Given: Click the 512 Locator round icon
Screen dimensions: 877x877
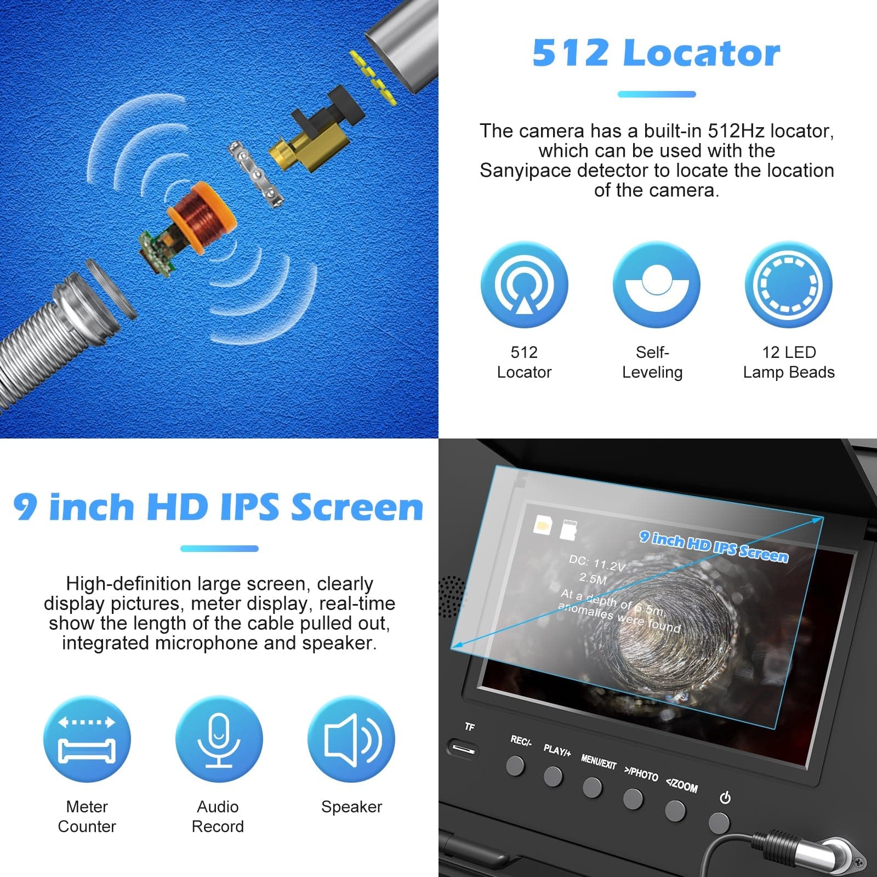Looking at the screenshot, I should [x=524, y=285].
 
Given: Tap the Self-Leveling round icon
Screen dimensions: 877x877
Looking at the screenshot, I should [x=656, y=285].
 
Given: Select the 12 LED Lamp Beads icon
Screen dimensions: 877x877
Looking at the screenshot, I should [x=788, y=285].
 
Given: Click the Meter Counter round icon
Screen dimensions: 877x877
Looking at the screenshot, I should [x=87, y=739].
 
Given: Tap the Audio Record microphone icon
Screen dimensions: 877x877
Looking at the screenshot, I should [x=219, y=739].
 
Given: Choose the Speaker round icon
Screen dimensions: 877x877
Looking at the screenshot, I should [x=351, y=739].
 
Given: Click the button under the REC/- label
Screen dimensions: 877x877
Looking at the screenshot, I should [x=515, y=765].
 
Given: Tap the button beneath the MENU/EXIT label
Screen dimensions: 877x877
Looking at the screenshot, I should [x=592, y=788].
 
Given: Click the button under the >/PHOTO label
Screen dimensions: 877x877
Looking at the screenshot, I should [x=633, y=799].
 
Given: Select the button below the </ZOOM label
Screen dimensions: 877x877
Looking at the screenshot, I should [x=675, y=811].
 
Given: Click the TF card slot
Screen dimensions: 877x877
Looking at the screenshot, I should [x=463, y=749].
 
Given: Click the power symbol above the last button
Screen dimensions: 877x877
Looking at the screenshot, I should [x=725, y=798].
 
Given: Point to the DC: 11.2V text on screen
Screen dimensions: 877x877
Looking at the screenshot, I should [x=596, y=563].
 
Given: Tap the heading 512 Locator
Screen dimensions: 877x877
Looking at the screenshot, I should [x=656, y=53].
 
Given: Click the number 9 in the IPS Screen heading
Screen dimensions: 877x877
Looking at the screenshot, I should [x=25, y=506].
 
